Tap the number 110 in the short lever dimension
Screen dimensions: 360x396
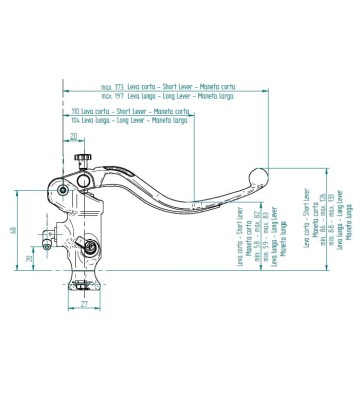[76, 110]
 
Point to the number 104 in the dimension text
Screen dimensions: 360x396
[76, 118]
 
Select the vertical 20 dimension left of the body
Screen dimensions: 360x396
[28, 258]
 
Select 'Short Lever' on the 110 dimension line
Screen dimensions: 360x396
[129, 110]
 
